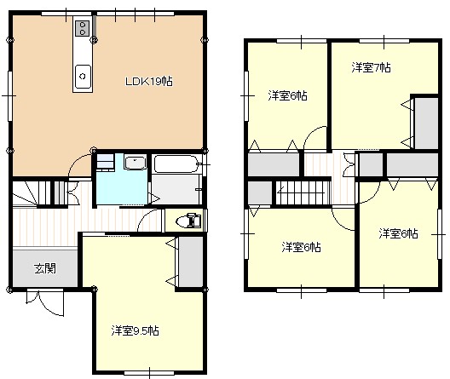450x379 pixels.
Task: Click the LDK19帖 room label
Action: pos(149,82)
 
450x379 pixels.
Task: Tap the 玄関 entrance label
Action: pos(45,268)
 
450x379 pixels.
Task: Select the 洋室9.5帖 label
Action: pos(135,330)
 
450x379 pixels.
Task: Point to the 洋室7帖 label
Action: pos(371,67)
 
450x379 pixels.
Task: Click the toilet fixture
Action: pos(188,221)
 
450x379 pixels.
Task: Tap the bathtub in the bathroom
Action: pos(175,164)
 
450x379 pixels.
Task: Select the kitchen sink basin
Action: pos(83,77)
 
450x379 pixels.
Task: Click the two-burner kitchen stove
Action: pos(83,28)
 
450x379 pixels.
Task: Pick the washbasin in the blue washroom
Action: pos(136,163)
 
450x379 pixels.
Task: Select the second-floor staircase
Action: pos(303,192)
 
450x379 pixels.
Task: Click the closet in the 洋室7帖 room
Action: pos(426,123)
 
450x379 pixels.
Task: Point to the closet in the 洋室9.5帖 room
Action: pos(191,261)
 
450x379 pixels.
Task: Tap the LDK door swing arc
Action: pos(78,164)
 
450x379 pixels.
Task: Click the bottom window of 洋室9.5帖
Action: pos(149,373)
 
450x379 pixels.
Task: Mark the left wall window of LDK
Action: pos(9,95)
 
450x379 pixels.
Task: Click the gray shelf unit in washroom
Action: pos(105,162)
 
